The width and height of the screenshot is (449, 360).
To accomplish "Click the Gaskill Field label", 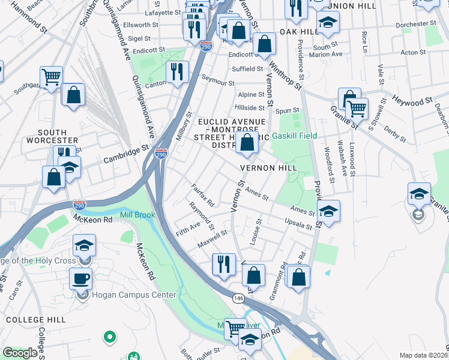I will coord(294,136).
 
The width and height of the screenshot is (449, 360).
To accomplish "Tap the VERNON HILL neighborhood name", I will coord(268,168).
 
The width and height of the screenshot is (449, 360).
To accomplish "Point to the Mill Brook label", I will coord(137,215).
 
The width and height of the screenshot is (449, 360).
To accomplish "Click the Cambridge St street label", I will coord(125,156).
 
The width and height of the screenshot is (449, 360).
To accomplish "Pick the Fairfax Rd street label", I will coord(202,196).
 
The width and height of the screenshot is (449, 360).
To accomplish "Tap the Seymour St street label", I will coord(217,81).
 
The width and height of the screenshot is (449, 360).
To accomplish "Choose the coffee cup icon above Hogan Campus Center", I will coord(81,278).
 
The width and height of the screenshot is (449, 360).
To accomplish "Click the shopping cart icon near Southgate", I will coord(52,77).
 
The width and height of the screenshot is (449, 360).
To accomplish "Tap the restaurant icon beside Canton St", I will coord(177,72).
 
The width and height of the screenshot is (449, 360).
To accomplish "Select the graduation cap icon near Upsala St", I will coord(328,211).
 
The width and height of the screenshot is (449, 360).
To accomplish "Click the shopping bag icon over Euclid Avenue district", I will coord(247,143).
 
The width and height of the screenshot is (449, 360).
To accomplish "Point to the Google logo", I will coord(20,353).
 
